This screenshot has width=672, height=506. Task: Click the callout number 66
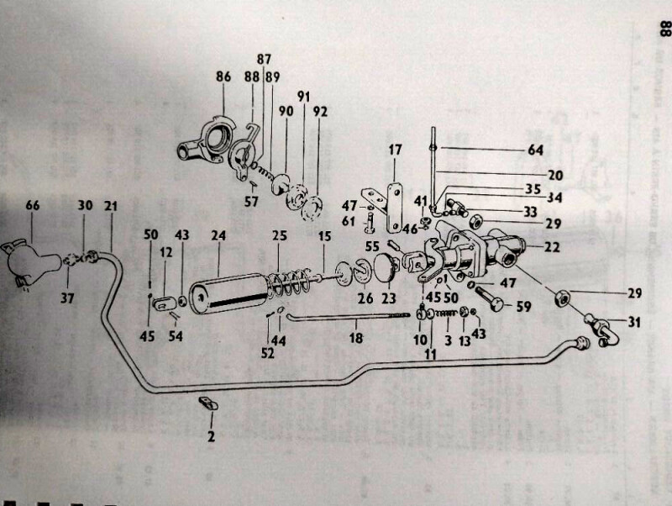[x=32, y=204]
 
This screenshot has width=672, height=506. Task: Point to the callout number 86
[x=223, y=77]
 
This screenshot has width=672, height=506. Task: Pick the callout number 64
[x=535, y=150]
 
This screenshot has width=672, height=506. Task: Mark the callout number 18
[x=356, y=339]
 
